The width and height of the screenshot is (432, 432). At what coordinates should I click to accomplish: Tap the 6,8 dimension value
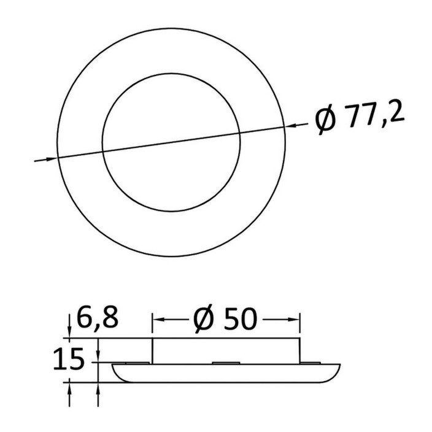pyautogui.click(x=97, y=318)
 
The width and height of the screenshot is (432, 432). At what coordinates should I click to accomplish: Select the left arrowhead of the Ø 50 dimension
pyautogui.click(x=158, y=320)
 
